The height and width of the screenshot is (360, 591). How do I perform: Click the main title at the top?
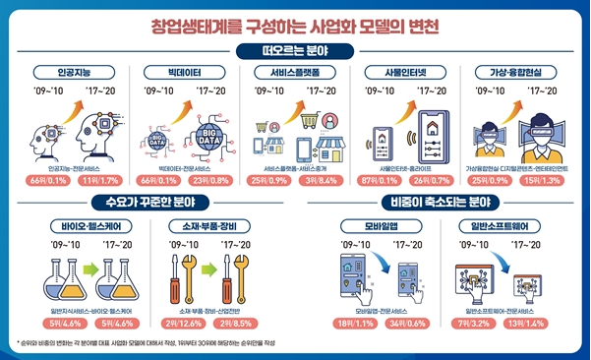tap(295, 21)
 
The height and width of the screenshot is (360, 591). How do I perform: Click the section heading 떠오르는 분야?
tap(295, 50)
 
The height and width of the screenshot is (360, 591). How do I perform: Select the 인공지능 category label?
tap(76, 72)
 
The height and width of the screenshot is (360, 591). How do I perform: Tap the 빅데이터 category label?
tap(186, 72)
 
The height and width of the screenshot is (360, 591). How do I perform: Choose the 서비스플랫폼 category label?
tap(294, 72)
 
